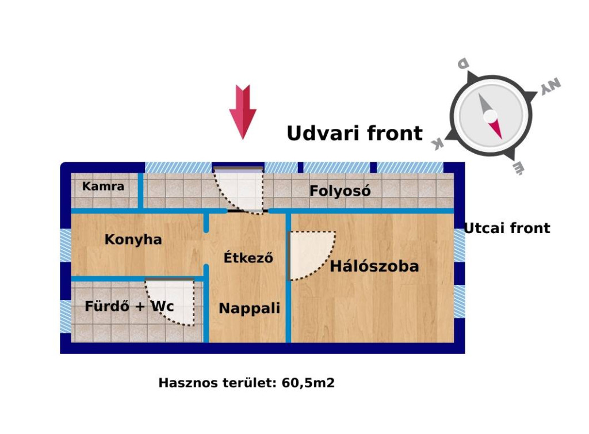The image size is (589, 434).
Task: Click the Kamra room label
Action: pyautogui.click(x=103, y=186)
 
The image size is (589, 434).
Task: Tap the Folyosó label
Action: pyautogui.click(x=340, y=191)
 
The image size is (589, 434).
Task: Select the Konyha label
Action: pyautogui.click(x=133, y=239)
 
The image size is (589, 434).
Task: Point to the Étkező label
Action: pyautogui.click(x=248, y=257)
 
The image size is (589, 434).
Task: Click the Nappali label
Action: pyautogui.click(x=250, y=309)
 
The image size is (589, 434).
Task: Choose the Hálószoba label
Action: pyautogui.click(x=374, y=266)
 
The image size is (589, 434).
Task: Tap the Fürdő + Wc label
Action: pyautogui.click(x=129, y=306)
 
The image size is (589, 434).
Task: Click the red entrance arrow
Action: pyautogui.click(x=243, y=112)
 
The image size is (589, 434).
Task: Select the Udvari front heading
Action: pyautogui.click(x=354, y=133)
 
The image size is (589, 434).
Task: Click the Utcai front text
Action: pyautogui.click(x=507, y=228)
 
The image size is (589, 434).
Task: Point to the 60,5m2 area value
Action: pyautogui.click(x=308, y=383)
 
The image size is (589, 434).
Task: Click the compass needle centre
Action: pyautogui.click(x=490, y=116)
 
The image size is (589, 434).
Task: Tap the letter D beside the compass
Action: pyautogui.click(x=463, y=63)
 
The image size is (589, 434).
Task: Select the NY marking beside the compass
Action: pyautogui.click(x=550, y=86)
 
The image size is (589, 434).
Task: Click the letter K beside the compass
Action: pyautogui.click(x=438, y=143)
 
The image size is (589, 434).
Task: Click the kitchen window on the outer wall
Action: pyautogui.click(x=66, y=245)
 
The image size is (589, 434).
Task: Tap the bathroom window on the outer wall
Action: pyautogui.click(x=66, y=317)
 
